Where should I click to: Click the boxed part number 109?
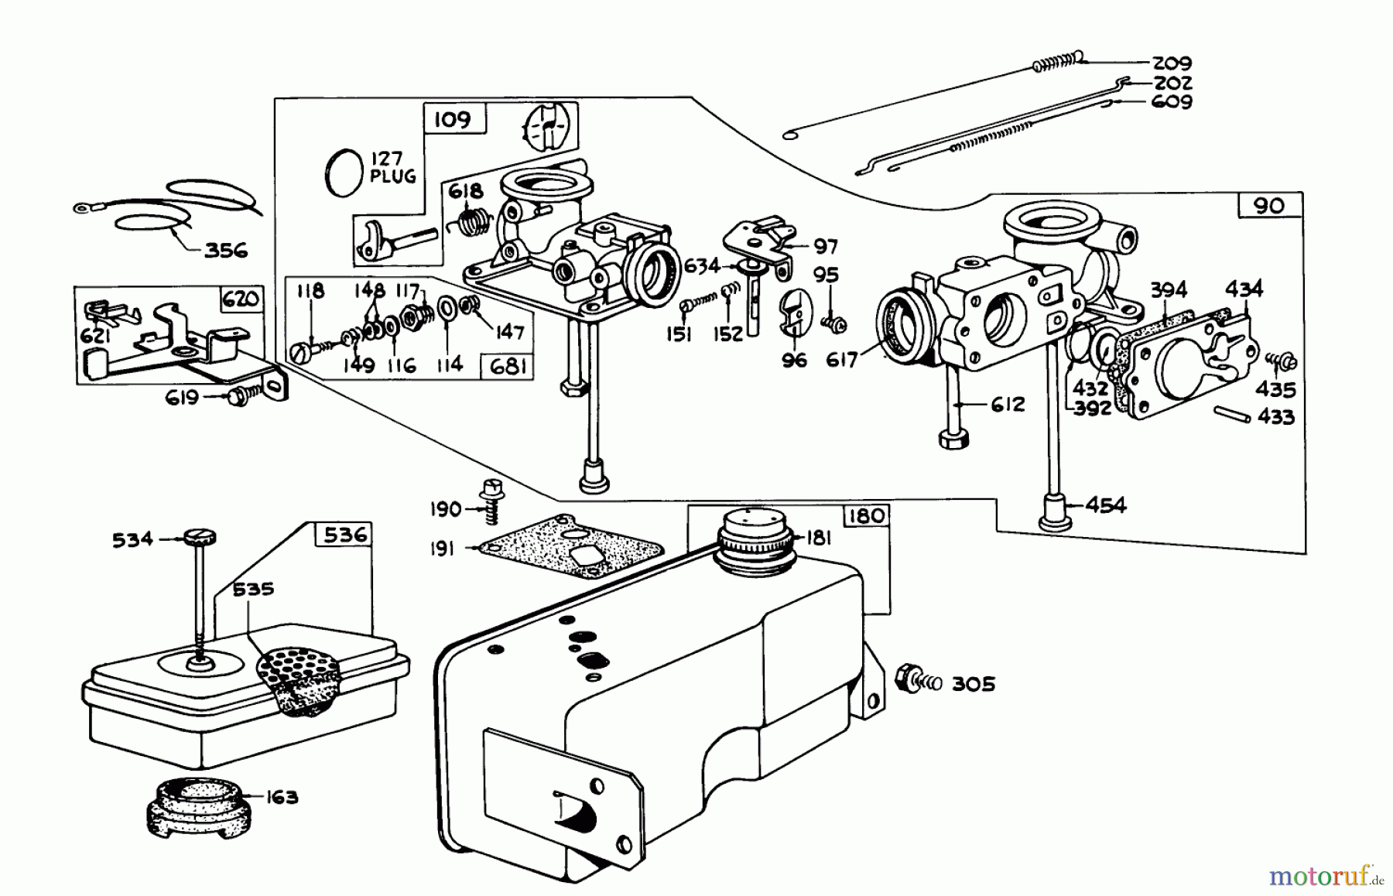pos(452,120)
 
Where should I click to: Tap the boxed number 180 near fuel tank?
pos(866,516)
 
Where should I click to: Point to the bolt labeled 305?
pos(911,681)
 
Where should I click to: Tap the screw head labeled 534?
pos(200,537)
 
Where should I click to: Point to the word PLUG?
pos(392,176)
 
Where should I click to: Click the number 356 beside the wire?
pos(225,250)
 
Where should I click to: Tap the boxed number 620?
pos(241,299)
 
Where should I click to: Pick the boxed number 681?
pos(508,366)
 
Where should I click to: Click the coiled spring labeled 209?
pos(1057,61)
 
